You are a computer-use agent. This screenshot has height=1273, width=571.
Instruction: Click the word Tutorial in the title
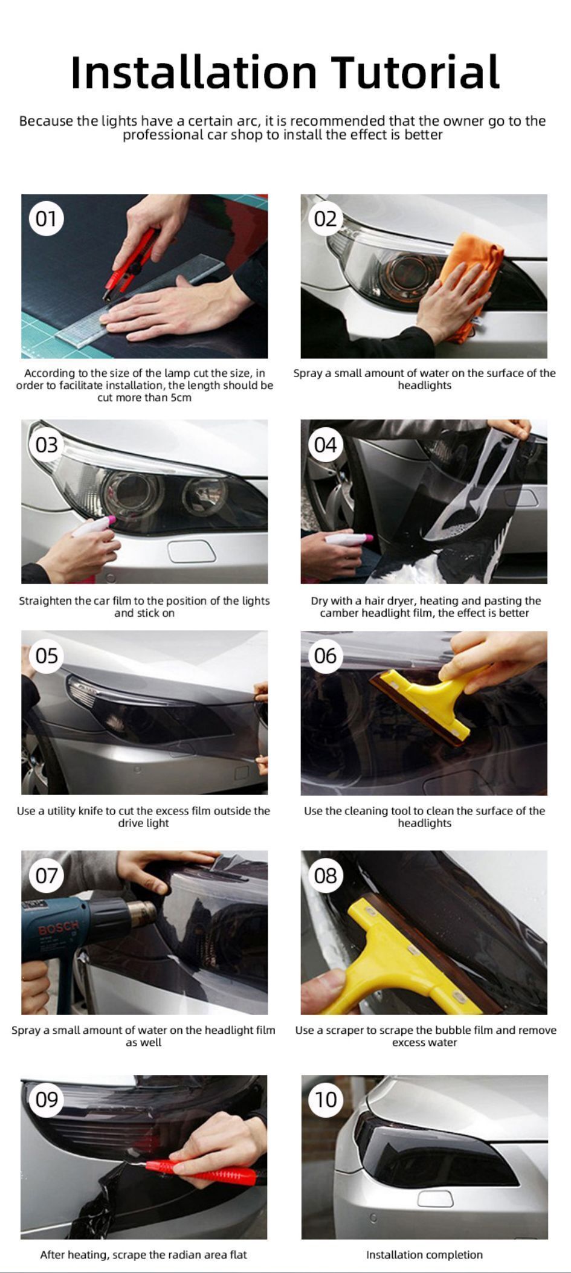click(x=416, y=73)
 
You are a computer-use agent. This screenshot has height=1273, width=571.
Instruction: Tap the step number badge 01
click(x=47, y=219)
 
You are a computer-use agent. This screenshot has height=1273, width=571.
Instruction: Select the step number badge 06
click(x=326, y=656)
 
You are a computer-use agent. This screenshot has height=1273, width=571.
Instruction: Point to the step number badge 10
click(x=326, y=1100)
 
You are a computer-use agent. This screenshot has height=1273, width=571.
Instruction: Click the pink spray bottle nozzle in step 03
click(x=110, y=520)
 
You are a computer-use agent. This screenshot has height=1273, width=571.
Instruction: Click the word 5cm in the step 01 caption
click(x=179, y=398)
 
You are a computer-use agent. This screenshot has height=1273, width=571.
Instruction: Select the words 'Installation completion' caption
click(x=424, y=1255)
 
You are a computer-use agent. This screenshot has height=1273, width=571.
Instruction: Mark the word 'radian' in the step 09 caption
click(x=175, y=1255)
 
